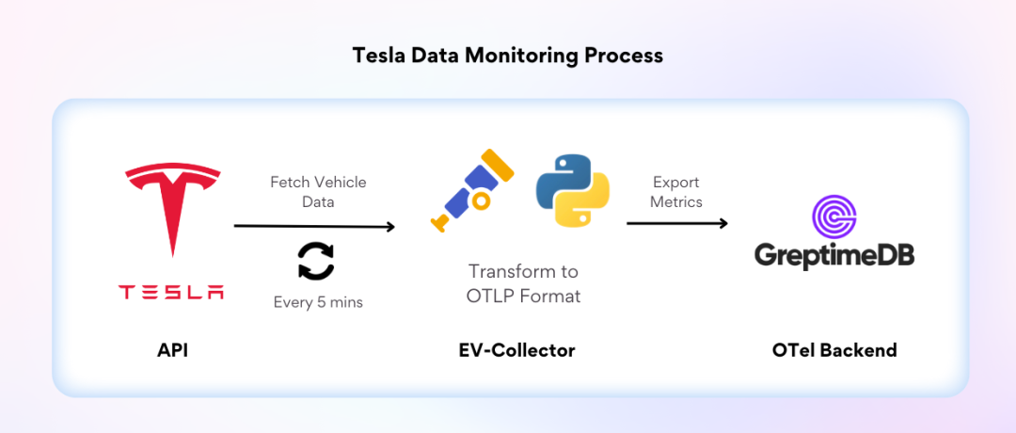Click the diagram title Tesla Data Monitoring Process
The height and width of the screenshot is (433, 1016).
pyautogui.click(x=508, y=56)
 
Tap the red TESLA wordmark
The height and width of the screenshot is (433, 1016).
pyautogui.click(x=172, y=292)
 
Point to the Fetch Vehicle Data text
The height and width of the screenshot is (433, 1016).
pyautogui.click(x=318, y=192)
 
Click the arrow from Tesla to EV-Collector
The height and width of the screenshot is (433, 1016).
pyautogui.click(x=314, y=226)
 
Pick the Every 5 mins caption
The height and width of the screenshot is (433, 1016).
pyautogui.click(x=318, y=302)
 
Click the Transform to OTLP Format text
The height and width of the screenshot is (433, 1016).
pyautogui.click(x=523, y=283)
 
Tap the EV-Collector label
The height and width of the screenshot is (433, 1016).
pyautogui.click(x=516, y=350)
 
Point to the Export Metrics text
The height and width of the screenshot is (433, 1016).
pyautogui.click(x=676, y=192)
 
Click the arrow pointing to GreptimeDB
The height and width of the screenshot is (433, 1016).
pyautogui.click(x=677, y=223)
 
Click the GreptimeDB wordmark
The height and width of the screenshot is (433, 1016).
pyautogui.click(x=834, y=256)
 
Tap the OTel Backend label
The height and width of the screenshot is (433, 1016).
pyautogui.click(x=834, y=350)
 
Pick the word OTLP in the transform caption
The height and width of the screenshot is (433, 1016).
pyautogui.click(x=494, y=296)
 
